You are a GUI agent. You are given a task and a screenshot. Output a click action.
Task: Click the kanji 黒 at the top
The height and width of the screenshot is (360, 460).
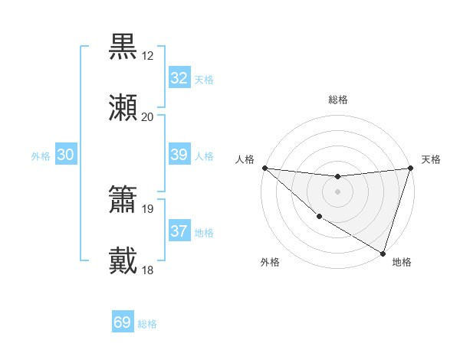[123, 47]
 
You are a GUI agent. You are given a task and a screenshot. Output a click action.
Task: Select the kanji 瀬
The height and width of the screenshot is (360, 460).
[123, 108]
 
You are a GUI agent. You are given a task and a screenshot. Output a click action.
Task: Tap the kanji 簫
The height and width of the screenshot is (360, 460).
[123, 200]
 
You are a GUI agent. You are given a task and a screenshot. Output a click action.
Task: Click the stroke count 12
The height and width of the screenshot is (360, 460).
[148, 55]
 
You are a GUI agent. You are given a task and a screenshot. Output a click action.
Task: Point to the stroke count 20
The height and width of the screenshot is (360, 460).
[148, 116]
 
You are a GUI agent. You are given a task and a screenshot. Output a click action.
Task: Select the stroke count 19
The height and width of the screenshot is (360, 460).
[148, 208]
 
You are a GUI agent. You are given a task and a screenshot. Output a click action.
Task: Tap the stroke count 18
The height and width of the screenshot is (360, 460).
[148, 270]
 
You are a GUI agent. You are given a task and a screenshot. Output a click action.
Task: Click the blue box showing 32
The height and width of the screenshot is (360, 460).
[179, 78]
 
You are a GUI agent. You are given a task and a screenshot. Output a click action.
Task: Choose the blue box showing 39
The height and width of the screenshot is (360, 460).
[179, 155]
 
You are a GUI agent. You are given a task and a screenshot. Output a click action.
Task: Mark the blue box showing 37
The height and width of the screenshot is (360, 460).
[179, 231]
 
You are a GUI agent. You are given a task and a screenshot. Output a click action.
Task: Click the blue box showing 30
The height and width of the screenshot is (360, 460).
[66, 155]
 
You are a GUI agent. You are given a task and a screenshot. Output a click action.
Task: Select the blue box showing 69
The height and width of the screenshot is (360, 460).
[123, 322]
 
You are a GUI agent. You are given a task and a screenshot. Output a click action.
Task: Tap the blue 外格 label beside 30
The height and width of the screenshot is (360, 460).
[41, 156]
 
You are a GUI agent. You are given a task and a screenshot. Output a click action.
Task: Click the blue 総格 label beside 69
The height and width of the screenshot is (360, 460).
[147, 324]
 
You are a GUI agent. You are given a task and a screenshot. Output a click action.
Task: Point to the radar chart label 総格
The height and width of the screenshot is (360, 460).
[337, 100]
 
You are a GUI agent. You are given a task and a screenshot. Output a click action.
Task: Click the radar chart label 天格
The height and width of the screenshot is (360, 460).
[432, 159]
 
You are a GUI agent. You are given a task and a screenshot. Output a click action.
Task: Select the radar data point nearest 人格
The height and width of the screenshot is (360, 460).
[264, 168]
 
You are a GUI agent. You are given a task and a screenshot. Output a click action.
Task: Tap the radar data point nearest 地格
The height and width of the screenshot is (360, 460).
[383, 253]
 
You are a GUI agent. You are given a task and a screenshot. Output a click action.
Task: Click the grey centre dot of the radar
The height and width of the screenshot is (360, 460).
[337, 191]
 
